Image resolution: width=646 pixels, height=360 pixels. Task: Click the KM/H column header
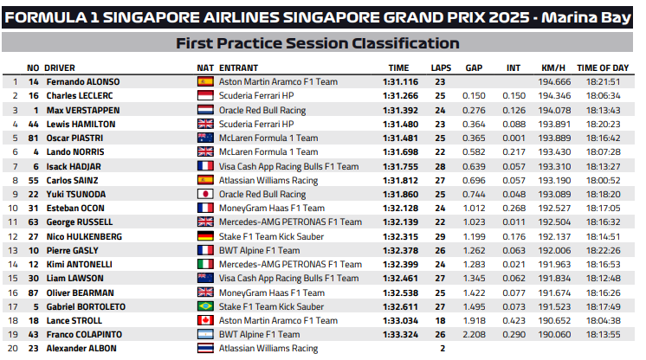[552, 67]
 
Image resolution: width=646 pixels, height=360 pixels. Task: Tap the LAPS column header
[441, 67]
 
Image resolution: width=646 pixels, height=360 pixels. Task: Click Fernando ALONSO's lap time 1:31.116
[400, 81]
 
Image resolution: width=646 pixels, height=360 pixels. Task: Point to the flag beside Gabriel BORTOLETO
[205, 306]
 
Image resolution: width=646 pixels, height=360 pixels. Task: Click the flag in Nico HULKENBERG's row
[205, 236]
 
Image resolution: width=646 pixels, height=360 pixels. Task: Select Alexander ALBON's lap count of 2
[442, 348]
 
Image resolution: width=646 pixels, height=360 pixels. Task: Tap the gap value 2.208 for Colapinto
[474, 334]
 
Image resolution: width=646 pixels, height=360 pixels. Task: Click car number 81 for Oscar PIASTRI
[35, 138]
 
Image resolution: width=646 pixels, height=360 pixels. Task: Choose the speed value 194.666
[556, 81]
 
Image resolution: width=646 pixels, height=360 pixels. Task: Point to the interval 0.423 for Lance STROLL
[514, 320]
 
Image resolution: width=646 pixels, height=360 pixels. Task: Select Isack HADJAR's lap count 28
[440, 166]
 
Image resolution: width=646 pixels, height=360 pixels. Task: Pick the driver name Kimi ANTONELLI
[79, 264]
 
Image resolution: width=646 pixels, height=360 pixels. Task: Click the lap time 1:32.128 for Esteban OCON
[400, 208]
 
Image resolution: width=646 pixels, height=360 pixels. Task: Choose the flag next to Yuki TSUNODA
[205, 194]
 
